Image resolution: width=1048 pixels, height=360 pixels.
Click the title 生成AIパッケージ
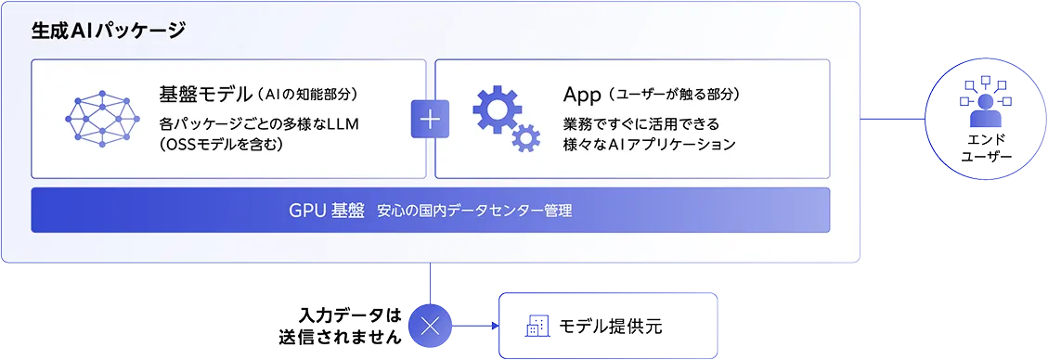click(x=108, y=31)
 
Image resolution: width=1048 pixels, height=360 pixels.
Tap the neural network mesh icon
click(x=102, y=119)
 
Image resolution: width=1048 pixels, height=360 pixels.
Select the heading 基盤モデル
click(x=203, y=94)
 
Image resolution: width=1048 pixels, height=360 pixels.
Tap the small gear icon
click(x=526, y=138)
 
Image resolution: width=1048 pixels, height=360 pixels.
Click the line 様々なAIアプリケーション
click(x=649, y=144)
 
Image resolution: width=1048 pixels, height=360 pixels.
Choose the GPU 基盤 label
click(x=327, y=211)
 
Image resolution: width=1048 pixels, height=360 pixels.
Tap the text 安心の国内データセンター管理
click(x=474, y=212)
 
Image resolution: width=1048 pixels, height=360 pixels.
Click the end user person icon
click(x=985, y=103)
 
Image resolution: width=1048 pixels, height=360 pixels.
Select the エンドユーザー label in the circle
click(x=986, y=148)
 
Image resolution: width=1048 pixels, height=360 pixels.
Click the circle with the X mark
click(x=431, y=326)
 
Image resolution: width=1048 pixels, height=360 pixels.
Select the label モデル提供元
click(x=610, y=326)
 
